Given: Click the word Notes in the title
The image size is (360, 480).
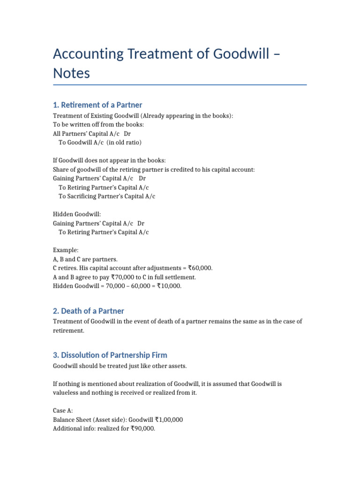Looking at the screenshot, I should click(71, 74).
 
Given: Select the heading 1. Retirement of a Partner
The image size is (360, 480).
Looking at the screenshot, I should click(97, 105).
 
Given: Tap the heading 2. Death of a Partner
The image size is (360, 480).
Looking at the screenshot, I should click(89, 311).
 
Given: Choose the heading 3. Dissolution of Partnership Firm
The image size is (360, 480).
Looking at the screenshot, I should click(110, 355).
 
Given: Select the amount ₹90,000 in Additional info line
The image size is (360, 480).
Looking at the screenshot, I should click(140, 428).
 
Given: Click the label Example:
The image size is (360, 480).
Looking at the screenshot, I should click(66, 250).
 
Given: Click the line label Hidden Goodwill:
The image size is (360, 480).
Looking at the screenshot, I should click(77, 214).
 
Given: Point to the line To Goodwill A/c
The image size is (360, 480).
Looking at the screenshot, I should click(100, 142).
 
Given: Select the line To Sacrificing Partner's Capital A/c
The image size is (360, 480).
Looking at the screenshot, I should click(107, 196).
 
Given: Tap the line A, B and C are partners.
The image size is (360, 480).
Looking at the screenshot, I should click(85, 259).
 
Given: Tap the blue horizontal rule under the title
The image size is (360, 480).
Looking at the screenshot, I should click(180, 85).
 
